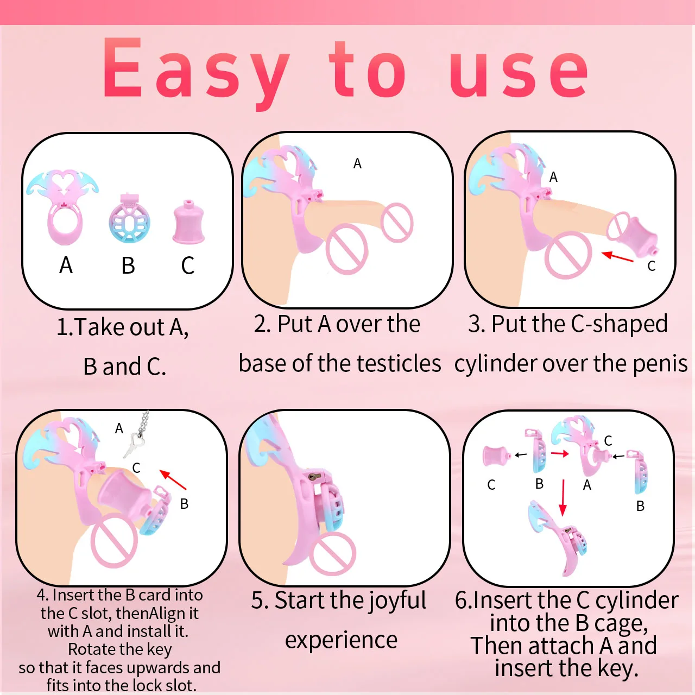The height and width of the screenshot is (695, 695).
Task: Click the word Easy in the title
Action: point(196,72)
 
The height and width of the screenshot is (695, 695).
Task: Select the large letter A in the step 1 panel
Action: point(66,266)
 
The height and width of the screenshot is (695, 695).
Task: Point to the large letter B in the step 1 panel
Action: point(128,266)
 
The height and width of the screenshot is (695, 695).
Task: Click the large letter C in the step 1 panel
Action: point(187,266)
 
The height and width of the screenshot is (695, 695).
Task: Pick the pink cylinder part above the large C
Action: point(188,222)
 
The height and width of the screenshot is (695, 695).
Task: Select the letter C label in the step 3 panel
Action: point(652,266)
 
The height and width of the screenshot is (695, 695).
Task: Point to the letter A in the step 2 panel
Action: point(357,164)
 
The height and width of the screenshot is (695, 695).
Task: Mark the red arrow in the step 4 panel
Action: point(173,479)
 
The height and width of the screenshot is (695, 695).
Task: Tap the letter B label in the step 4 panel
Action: point(184,504)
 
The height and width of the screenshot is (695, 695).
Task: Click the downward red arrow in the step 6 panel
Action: point(563,497)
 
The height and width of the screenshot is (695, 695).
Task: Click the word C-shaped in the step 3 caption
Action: point(619,324)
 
